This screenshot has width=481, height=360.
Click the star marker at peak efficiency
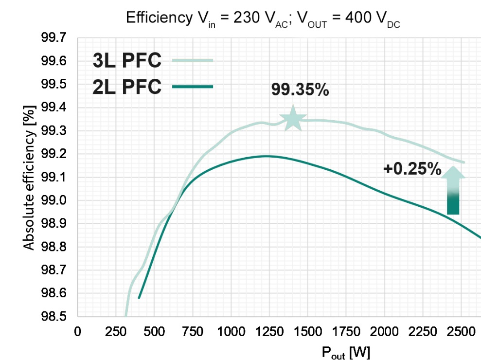coord(293,118)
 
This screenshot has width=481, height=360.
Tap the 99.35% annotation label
coord(300,90)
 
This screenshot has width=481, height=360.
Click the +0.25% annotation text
coord(412,169)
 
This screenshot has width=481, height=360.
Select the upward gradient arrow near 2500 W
coord(453,191)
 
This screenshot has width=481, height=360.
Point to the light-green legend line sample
coord(193,60)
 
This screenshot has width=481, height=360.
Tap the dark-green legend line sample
coord(193,87)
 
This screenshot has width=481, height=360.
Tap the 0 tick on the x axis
coord(77,332)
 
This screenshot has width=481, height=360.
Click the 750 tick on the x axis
coord(192,332)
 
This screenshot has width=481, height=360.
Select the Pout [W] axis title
coord(346,351)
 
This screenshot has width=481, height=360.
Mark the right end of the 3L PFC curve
coord(464,162)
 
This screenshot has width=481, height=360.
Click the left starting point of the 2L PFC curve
coord(139,298)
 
